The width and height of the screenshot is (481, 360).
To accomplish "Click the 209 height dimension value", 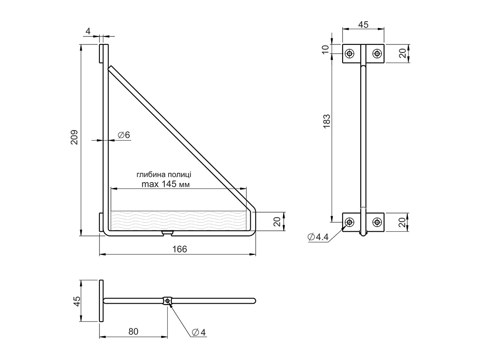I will tap(74, 137).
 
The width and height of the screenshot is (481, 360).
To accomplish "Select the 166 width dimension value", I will tap(180, 249).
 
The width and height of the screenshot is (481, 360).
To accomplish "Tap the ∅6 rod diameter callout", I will tap(124, 135).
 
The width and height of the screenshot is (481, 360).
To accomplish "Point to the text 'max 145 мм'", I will tap(166, 184).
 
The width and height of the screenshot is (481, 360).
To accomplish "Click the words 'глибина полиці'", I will tap(164, 174).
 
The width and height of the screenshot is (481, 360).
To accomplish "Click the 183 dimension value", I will tap(326, 122).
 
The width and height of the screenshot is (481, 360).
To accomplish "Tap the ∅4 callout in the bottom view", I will tap(199, 332).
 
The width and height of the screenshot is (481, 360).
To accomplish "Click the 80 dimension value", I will tap(133, 331).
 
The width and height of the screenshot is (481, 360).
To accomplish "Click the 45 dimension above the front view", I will tap(363, 25).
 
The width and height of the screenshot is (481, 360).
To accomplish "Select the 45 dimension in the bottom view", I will tap(77, 301).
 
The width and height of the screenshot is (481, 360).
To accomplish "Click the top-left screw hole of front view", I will tap(349, 53).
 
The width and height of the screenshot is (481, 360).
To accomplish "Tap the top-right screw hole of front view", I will tap(376, 53).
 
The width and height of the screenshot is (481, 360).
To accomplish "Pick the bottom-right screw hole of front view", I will tap(376, 222).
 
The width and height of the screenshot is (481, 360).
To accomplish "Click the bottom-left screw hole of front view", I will tap(349, 222).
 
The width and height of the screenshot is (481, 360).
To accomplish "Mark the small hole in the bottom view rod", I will tap(168, 301).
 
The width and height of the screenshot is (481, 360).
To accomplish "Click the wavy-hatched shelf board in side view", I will tap(178, 220).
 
